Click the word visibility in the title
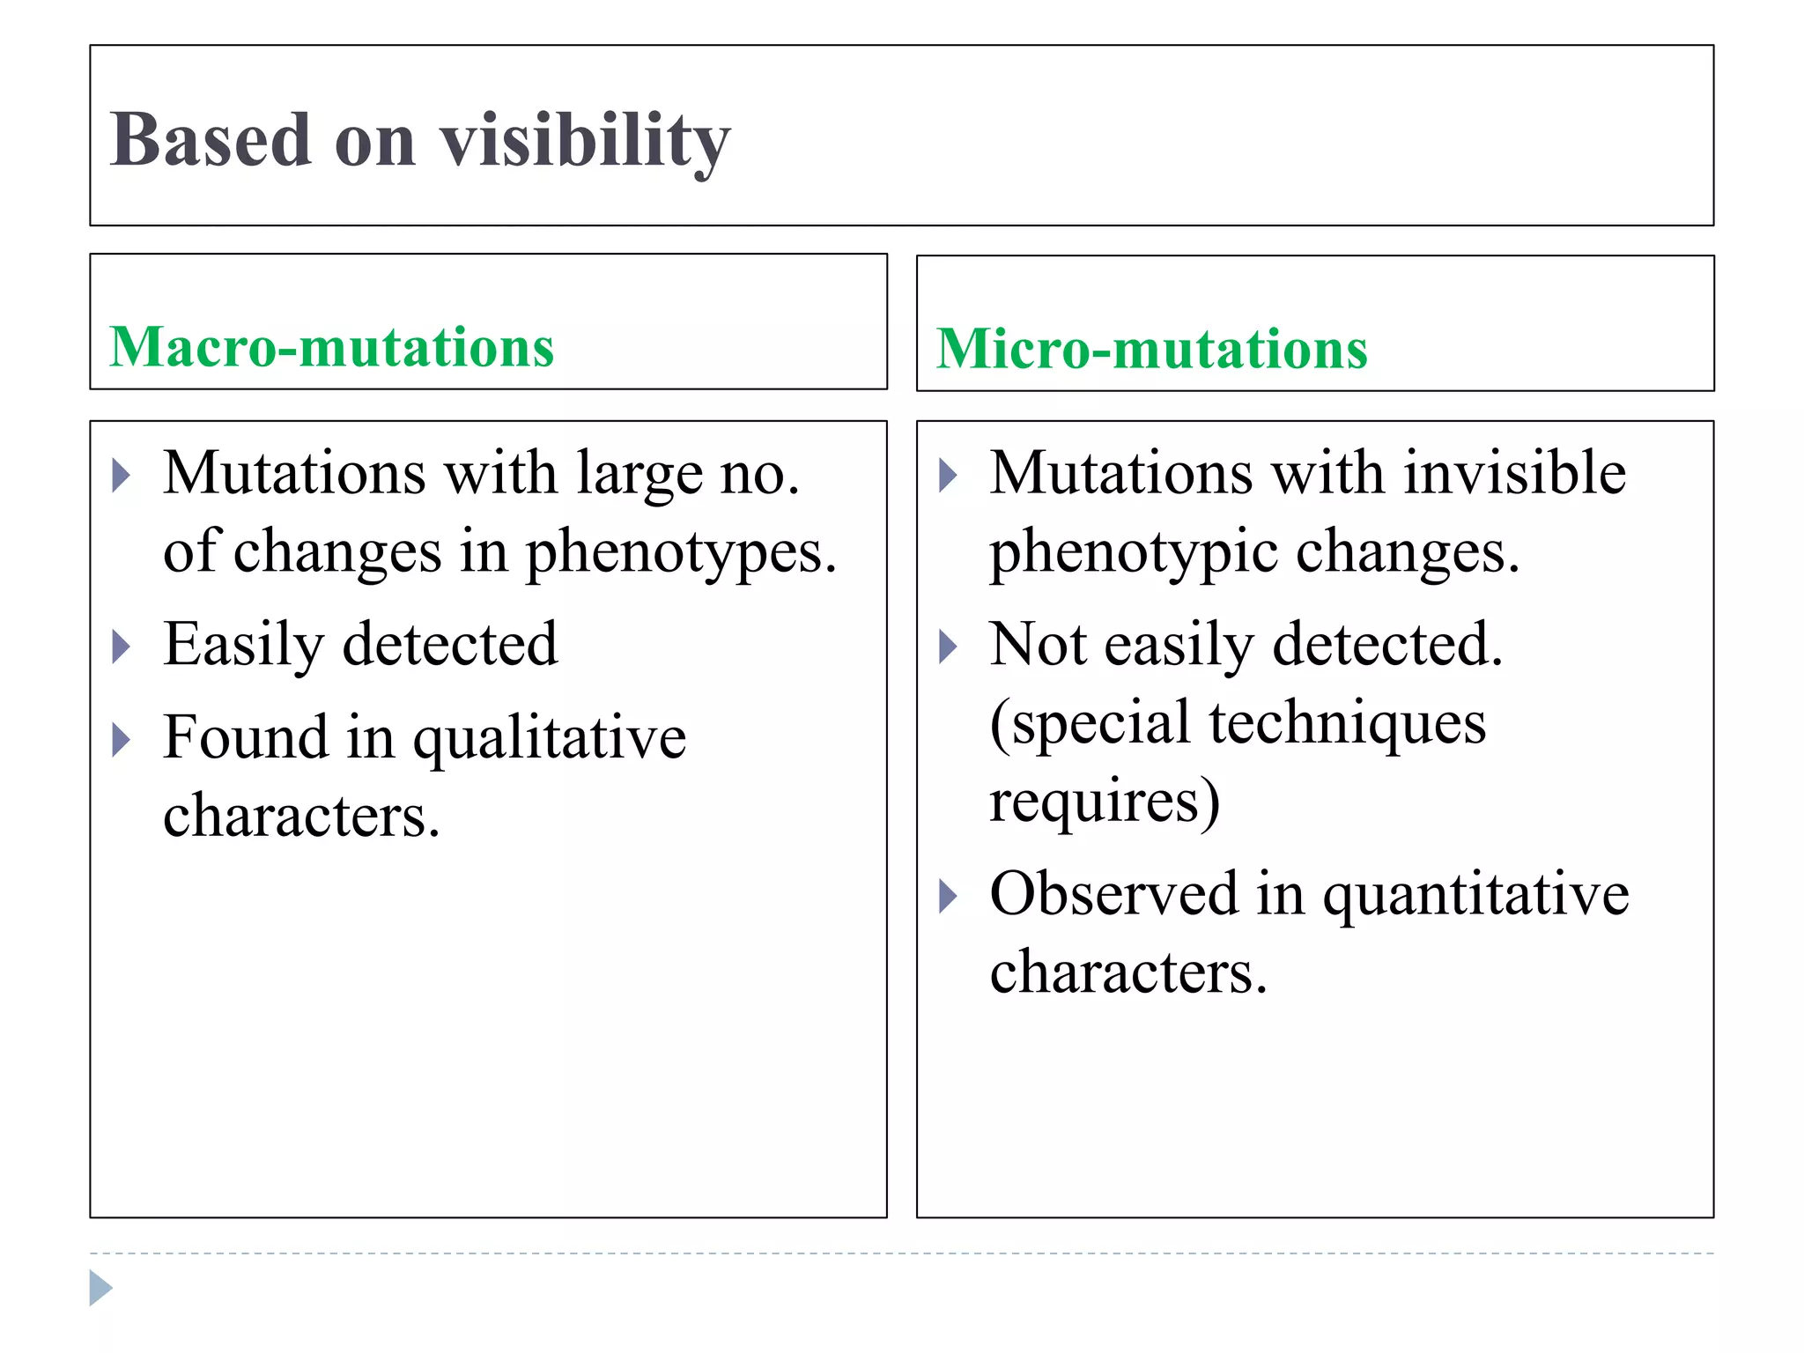click(x=585, y=141)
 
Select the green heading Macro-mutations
click(x=332, y=346)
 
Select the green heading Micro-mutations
click(x=1151, y=349)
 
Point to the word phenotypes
click(x=680, y=552)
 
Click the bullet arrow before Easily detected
click(x=122, y=647)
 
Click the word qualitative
click(x=550, y=737)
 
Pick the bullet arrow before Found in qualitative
click(x=122, y=740)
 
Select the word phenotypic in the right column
click(x=1133, y=553)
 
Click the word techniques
click(x=1347, y=723)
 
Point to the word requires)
click(x=1105, y=801)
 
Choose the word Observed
click(x=1114, y=893)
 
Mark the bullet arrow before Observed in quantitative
click(x=948, y=897)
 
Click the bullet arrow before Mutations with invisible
click(x=948, y=476)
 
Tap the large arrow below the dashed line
click(x=100, y=1289)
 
